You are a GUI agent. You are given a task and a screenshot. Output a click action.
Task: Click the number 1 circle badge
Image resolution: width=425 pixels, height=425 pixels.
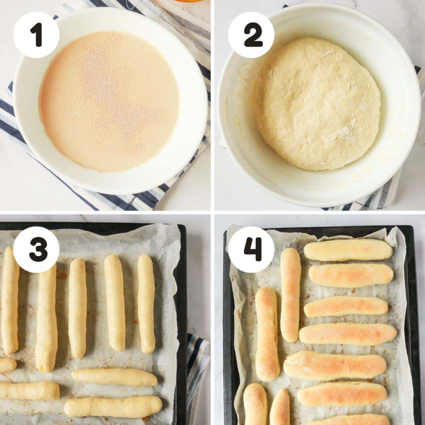pyautogui.click(x=36, y=35)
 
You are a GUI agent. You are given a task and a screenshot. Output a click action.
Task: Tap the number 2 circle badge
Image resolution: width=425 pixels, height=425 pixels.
pyautogui.click(x=251, y=35)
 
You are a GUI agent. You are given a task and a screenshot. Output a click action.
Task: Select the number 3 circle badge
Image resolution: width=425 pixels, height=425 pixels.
pyautogui.click(x=36, y=249)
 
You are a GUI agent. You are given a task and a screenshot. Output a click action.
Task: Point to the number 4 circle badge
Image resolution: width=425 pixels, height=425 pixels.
pyautogui.click(x=251, y=249)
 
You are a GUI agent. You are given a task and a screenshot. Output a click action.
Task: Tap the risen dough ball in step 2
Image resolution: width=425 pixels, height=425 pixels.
pyautogui.click(x=317, y=104)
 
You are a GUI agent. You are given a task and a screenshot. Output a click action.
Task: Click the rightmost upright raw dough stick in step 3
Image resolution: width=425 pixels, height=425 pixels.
pyautogui.click(x=146, y=303)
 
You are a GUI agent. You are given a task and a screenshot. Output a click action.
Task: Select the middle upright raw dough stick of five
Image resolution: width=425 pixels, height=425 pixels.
pyautogui.click(x=77, y=308)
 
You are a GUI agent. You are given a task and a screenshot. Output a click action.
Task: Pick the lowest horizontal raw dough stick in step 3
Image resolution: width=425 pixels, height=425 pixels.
pyautogui.click(x=113, y=406)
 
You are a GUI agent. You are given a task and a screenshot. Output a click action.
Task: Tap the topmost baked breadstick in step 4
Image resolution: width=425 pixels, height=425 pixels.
pyautogui.click(x=348, y=250)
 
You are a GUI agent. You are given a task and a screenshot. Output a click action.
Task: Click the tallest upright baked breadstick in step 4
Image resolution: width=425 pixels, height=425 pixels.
pyautogui.click(x=290, y=294)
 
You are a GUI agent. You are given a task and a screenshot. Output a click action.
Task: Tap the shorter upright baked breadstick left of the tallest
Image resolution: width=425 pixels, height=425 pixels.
pyautogui.click(x=267, y=334)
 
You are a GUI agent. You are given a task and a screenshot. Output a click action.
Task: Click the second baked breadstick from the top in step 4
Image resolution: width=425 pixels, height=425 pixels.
pyautogui.click(x=351, y=275)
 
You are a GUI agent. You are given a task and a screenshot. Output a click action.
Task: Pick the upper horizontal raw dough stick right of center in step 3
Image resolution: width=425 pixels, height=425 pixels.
pyautogui.click(x=115, y=377)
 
